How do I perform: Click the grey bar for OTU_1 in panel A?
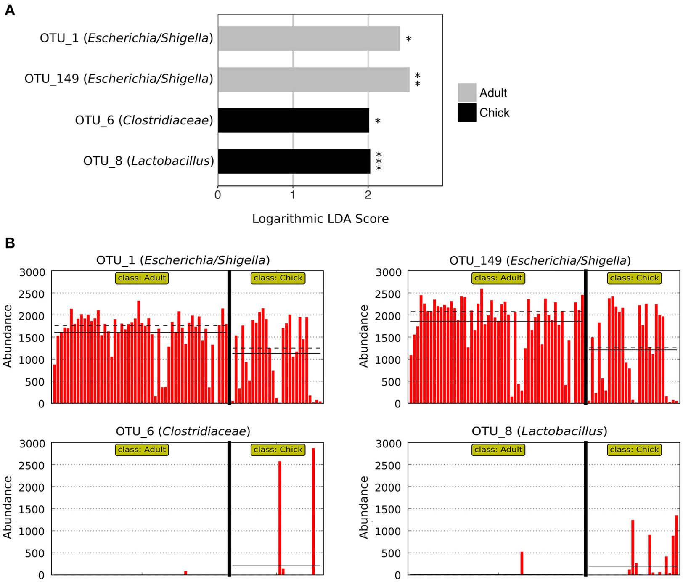309,39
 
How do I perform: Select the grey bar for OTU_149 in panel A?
314,79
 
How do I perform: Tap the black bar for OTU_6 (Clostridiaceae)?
293,120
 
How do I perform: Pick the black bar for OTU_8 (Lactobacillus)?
294,161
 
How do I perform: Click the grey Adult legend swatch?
467,93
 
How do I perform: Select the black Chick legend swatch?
467,113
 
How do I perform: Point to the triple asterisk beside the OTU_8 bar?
379,161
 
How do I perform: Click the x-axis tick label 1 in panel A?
293,195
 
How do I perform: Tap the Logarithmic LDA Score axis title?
320,219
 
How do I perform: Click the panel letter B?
9,243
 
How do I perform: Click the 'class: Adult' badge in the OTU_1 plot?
142,278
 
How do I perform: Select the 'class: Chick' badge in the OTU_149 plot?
634,278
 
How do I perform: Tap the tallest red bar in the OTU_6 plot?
313,511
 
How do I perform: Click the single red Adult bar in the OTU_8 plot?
522,563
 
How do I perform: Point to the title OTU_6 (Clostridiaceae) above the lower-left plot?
183,431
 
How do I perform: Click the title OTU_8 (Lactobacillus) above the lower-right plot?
540,431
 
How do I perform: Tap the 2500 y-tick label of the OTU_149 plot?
387,294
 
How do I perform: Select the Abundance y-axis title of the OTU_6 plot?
8,508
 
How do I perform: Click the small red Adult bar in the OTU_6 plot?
185,573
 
